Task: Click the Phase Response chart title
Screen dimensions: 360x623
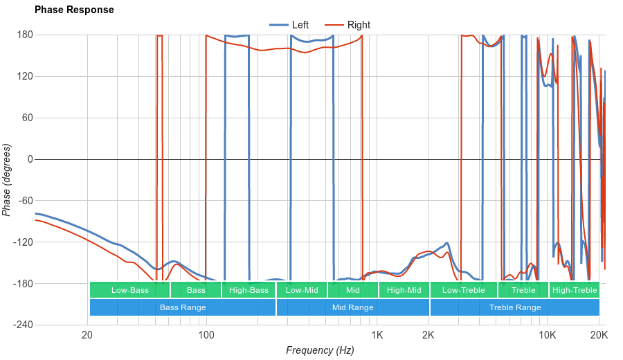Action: [74, 10]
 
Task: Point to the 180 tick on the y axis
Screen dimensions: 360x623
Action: [26, 35]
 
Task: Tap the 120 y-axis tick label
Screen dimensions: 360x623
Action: [26, 76]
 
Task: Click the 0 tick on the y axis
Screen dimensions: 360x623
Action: [30, 159]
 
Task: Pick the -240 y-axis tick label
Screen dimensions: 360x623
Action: [24, 325]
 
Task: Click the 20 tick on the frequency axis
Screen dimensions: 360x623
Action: [87, 334]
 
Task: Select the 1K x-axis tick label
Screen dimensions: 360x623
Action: [377, 334]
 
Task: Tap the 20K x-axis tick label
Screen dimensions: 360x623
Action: [599, 334]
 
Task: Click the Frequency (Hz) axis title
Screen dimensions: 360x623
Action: [320, 350]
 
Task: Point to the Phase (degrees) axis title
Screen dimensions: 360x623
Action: [7, 180]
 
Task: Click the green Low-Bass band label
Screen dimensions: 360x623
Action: [129, 290]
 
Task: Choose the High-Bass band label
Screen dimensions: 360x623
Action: [249, 290]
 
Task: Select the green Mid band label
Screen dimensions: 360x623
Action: [353, 290]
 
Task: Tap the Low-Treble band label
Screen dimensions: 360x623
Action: [463, 290]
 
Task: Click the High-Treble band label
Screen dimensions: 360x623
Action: [575, 290]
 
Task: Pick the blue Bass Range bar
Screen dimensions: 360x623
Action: [183, 307]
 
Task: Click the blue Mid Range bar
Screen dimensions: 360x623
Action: [353, 307]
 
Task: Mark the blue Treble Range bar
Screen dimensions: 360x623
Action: [515, 307]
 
